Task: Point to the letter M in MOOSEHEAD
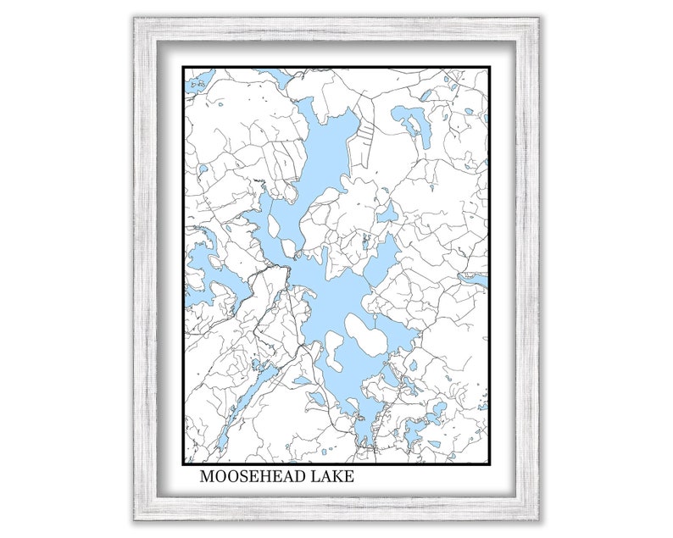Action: click(x=207, y=477)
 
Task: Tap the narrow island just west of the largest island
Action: click(x=334, y=352)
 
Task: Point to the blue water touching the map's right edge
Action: click(x=476, y=278)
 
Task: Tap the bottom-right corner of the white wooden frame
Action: click(x=540, y=519)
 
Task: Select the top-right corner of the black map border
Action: click(x=489, y=68)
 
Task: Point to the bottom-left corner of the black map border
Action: click(x=184, y=463)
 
